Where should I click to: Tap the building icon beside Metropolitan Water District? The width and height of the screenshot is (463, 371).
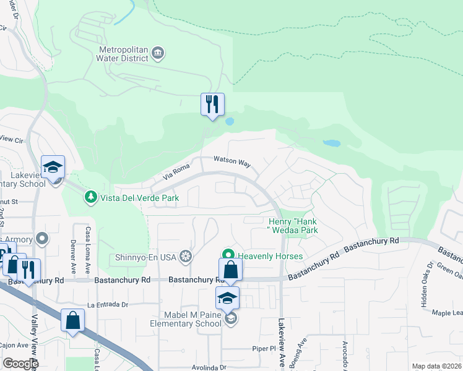[158, 52]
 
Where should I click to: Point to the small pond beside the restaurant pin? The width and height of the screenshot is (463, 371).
[230, 122]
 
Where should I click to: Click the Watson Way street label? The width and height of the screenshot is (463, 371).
[232, 162]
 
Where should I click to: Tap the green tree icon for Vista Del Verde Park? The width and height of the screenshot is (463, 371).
[90, 197]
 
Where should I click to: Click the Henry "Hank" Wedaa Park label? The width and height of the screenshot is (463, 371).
[293, 226]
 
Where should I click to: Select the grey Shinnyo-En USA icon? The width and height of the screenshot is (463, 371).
[184, 256]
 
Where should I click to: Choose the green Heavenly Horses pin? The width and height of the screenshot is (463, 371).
[228, 255]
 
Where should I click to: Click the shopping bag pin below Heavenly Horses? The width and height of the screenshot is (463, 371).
[230, 270]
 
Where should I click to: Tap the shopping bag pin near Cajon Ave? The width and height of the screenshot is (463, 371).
[72, 321]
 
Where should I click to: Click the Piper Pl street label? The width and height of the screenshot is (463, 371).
[262, 348]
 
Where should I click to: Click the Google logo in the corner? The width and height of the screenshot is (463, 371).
[20, 364]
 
